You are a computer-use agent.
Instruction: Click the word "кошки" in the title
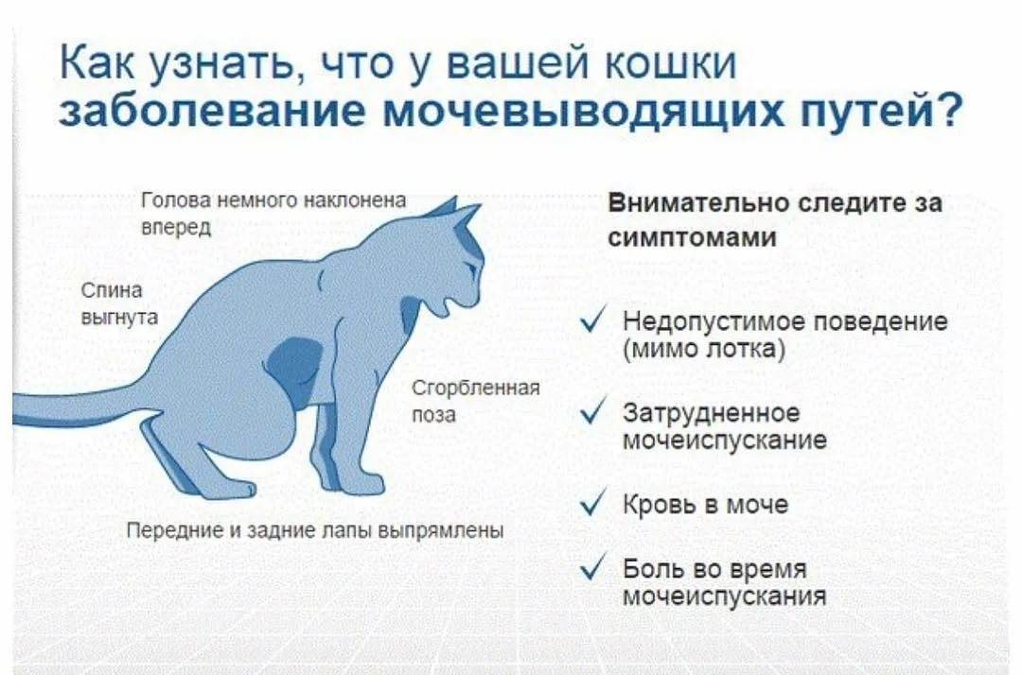(671, 63)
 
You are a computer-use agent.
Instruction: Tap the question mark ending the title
(943, 110)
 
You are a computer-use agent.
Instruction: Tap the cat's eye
(470, 268)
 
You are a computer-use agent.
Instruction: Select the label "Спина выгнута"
(119, 304)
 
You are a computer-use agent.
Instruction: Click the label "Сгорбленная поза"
(476, 401)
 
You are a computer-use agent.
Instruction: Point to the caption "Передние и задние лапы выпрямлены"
(315, 531)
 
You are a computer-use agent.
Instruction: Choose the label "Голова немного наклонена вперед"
(273, 213)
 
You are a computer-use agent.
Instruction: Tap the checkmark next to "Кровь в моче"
(592, 503)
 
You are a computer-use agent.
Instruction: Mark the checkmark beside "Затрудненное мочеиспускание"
(592, 411)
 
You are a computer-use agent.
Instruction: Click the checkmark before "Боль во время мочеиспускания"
(592, 567)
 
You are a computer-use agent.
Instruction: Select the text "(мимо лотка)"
(704, 350)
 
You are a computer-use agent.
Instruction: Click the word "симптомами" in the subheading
(692, 237)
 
